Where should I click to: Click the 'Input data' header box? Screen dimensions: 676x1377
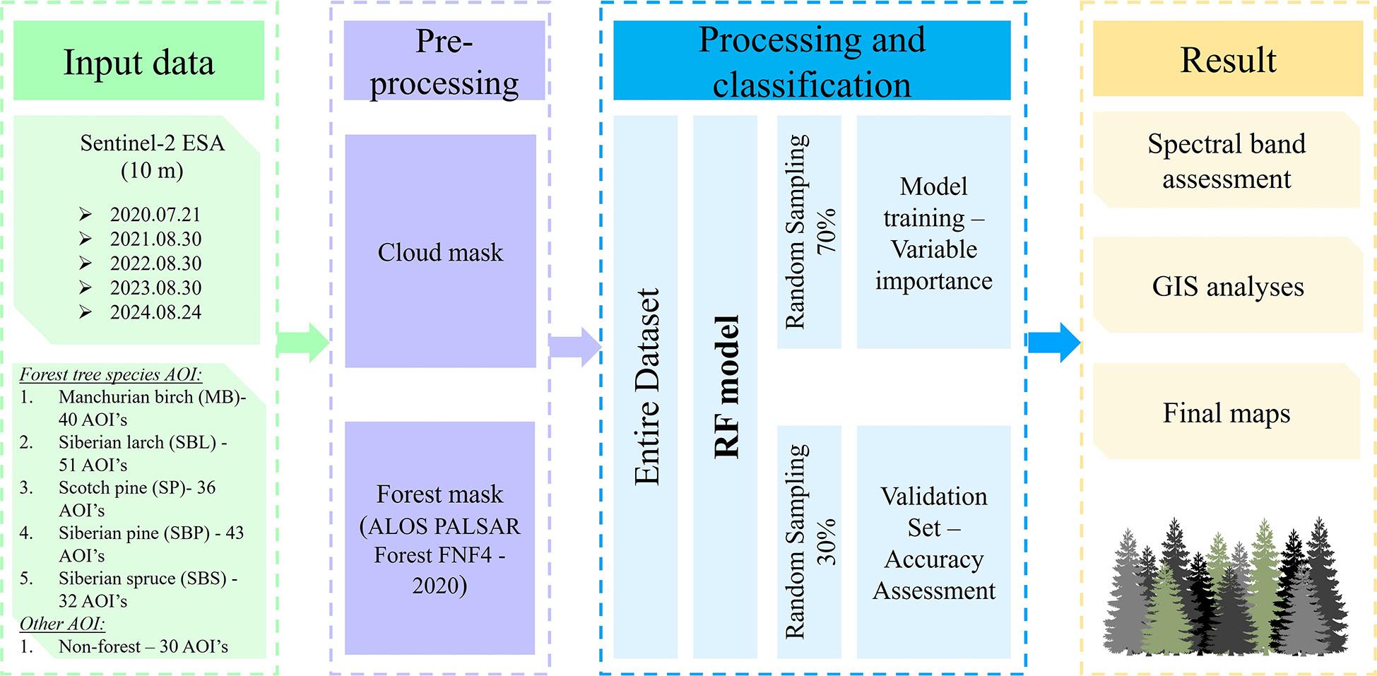(x=138, y=61)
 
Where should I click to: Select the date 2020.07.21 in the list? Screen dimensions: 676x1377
(x=155, y=214)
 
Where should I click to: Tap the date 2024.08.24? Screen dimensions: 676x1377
(x=155, y=312)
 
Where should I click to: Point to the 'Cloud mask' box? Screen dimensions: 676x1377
(x=440, y=251)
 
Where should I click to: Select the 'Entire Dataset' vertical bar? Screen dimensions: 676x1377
(x=646, y=387)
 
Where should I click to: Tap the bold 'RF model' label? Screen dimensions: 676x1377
(x=726, y=387)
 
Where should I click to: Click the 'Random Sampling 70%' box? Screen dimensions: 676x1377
(x=809, y=232)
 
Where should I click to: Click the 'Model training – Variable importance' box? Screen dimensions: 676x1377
(x=933, y=232)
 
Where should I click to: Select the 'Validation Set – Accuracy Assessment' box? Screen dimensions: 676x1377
(x=933, y=542)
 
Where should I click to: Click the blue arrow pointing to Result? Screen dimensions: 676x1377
(x=1053, y=343)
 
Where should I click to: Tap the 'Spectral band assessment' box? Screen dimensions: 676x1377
(x=1227, y=160)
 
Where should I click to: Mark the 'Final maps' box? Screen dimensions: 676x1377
(x=1227, y=413)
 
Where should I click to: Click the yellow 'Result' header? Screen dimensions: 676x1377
(x=1228, y=59)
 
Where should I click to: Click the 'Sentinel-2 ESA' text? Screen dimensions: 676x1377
(x=152, y=143)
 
